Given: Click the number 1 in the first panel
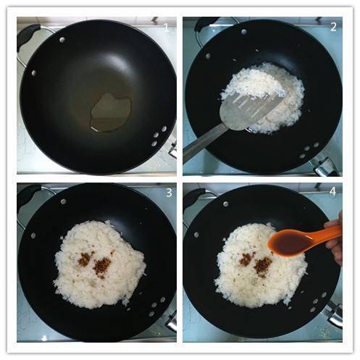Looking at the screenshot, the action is [x=166, y=28].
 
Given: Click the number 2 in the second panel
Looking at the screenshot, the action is [x=333, y=27].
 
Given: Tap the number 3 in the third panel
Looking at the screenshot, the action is [x=169, y=193].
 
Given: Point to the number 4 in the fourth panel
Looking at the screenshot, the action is [x=332, y=191].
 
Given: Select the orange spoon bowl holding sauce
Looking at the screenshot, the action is [x=292, y=243].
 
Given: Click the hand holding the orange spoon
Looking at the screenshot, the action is [x=335, y=239].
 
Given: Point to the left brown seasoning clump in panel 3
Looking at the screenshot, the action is [x=84, y=259].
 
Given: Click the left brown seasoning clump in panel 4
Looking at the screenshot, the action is [x=246, y=259].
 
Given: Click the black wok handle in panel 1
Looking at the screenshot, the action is [x=27, y=35].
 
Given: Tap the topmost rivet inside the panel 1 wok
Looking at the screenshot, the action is [x=62, y=40].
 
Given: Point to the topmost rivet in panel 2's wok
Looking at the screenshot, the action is [x=244, y=31].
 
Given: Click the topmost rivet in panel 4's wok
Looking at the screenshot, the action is [x=226, y=204].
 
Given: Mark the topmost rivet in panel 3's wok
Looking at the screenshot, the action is [x=64, y=201].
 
